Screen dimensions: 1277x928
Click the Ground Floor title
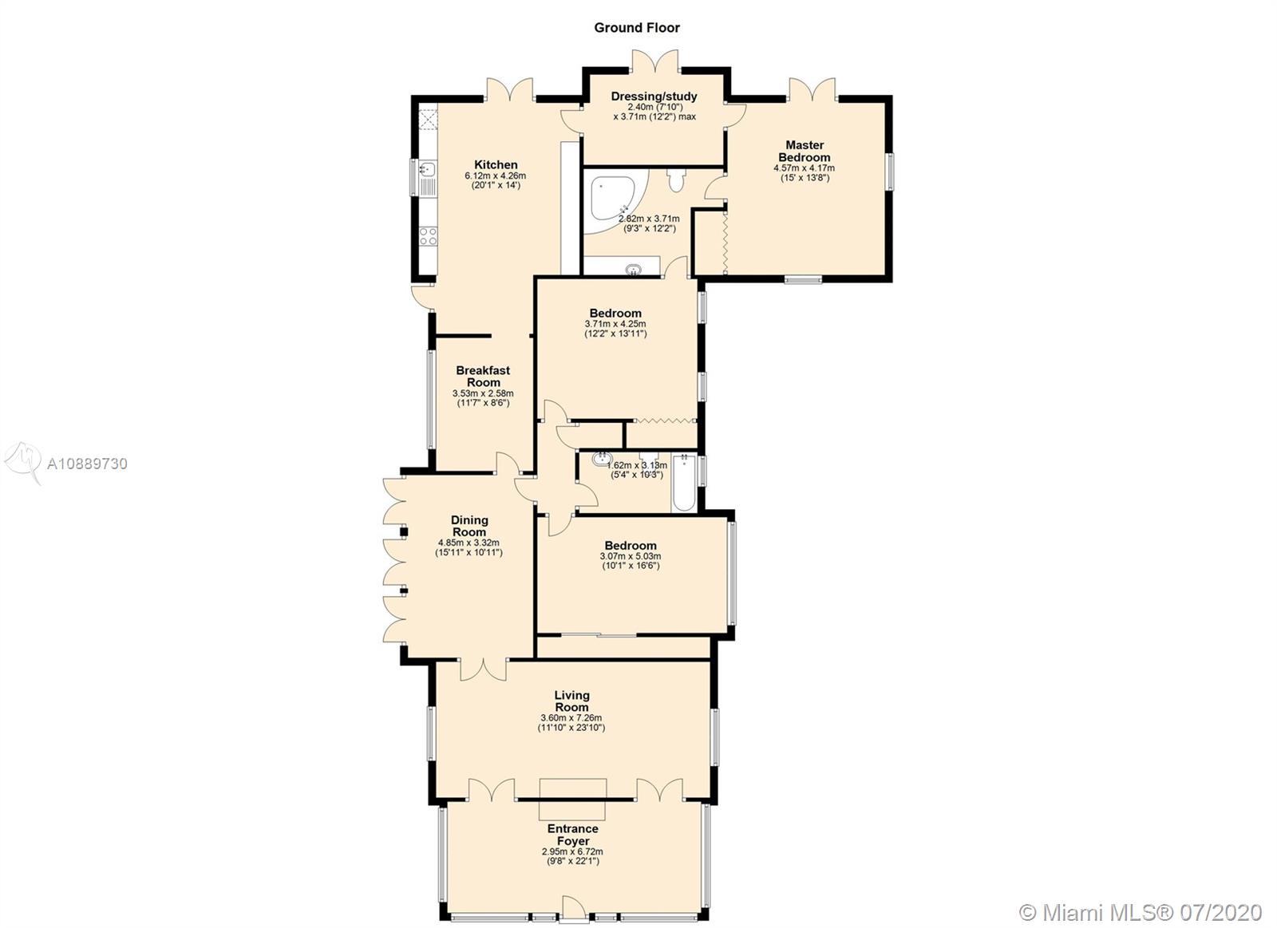click(x=637, y=27)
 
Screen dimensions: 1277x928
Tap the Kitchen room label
click(x=496, y=164)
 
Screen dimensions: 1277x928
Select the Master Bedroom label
click(x=805, y=151)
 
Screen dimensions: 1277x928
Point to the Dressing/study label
click(x=654, y=97)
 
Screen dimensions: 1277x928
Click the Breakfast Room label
click(x=483, y=376)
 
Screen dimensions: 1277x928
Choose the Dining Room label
click(x=469, y=526)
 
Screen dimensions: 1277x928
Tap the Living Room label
click(x=571, y=701)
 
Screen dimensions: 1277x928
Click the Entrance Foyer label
click(x=573, y=835)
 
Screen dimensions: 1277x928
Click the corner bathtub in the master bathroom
click(x=615, y=208)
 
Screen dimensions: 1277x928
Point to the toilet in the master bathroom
click(x=676, y=179)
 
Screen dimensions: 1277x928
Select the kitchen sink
click(x=427, y=168)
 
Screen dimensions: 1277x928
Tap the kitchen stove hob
click(x=428, y=235)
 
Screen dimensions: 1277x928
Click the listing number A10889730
click(x=87, y=464)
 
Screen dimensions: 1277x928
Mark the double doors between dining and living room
click(x=484, y=669)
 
